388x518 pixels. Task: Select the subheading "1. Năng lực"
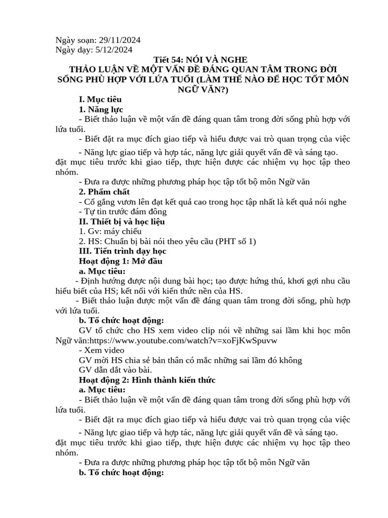pyautogui.click(x=101, y=109)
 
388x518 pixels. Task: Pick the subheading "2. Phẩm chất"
pyautogui.click(x=104, y=192)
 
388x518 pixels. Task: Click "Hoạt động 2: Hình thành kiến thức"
pyautogui.click(x=148, y=380)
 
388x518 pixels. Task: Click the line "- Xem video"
pyautogui.click(x=102, y=350)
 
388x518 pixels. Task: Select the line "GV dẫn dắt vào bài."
pyautogui.click(x=109, y=370)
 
